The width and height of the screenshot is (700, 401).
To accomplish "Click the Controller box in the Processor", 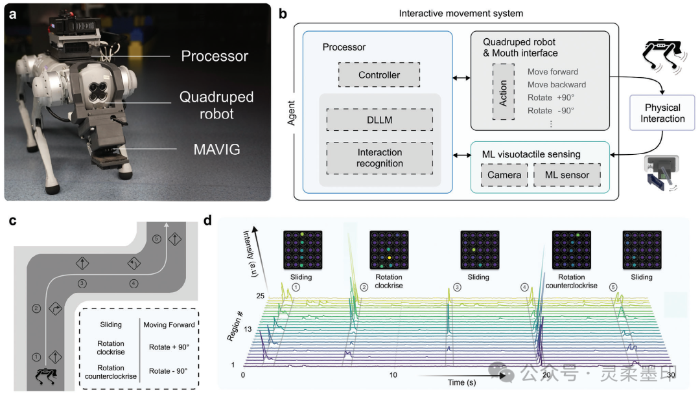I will pyautogui.click(x=379, y=75).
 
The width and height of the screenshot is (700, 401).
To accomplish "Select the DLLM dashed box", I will pyautogui.click(x=379, y=120).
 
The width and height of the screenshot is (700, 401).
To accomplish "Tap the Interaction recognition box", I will pyautogui.click(x=379, y=157).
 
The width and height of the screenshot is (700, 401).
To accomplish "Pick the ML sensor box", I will pyautogui.click(x=566, y=175).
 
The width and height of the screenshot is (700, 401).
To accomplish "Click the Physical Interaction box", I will pyautogui.click(x=662, y=113).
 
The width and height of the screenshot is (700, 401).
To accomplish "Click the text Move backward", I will pyautogui.click(x=556, y=84).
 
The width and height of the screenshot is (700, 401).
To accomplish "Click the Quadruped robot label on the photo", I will pyautogui.click(x=216, y=106).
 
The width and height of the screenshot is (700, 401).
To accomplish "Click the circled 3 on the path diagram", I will pyautogui.click(x=82, y=283).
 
